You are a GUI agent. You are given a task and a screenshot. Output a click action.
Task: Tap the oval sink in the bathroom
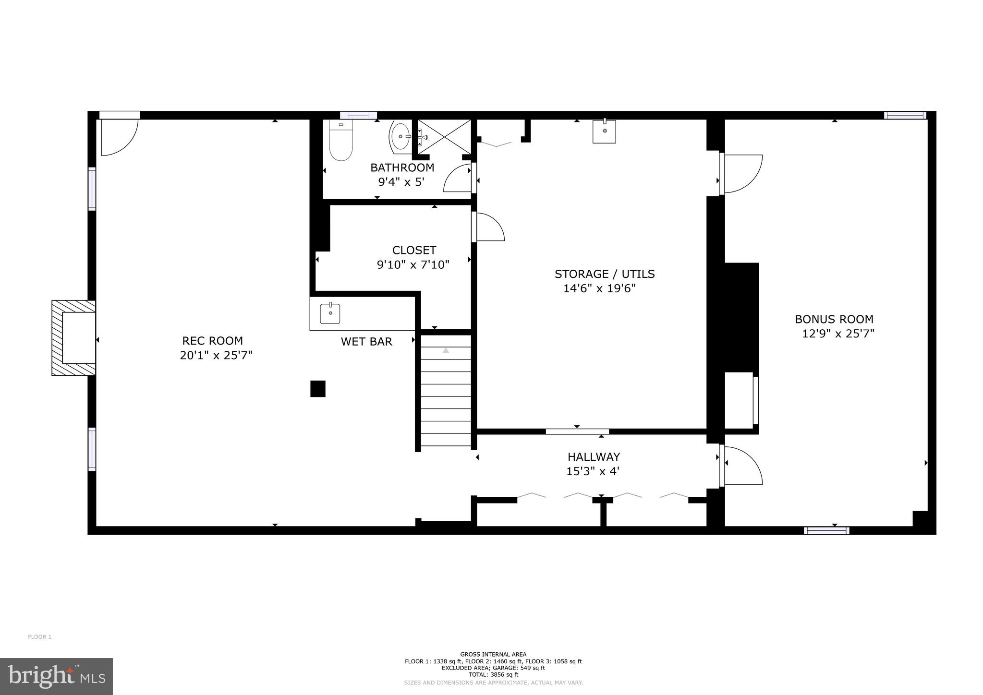400,136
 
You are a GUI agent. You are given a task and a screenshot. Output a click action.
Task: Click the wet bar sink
330,313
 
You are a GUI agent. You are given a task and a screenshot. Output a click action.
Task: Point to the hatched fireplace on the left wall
73,338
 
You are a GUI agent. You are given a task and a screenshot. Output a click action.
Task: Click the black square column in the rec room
317,389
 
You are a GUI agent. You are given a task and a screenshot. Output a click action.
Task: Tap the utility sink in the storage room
604,131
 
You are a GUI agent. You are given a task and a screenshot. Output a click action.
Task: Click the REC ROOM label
212,341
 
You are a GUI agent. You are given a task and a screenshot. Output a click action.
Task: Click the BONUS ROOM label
834,319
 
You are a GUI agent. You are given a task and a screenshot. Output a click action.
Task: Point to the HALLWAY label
594,457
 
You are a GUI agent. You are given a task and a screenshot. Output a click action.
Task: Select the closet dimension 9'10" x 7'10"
413,264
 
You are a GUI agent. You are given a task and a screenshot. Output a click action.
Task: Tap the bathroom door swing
458,178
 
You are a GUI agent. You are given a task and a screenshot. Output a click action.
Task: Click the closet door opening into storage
489,227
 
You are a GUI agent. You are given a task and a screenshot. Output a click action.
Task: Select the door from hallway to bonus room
742,465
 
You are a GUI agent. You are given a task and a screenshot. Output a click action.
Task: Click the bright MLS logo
56,676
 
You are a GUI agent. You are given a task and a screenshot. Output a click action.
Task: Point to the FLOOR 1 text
39,637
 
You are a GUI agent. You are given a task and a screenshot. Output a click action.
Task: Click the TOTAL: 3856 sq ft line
493,674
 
